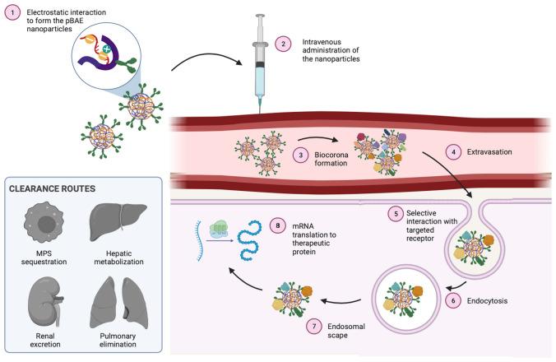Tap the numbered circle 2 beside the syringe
tap(283, 44)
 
